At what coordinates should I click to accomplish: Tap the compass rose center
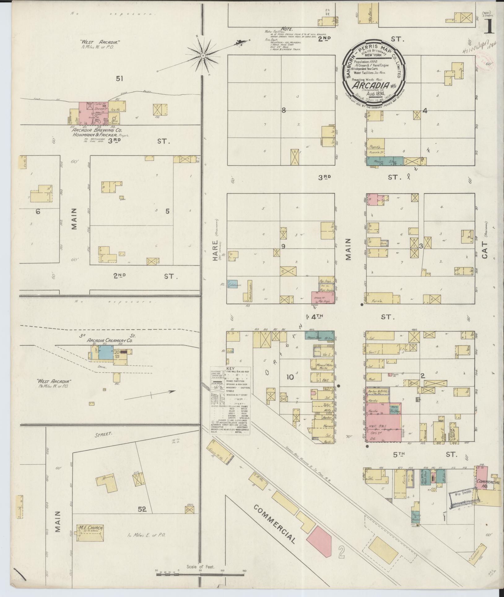203,56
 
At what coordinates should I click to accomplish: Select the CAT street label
484,250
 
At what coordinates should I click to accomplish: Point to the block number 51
119,79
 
